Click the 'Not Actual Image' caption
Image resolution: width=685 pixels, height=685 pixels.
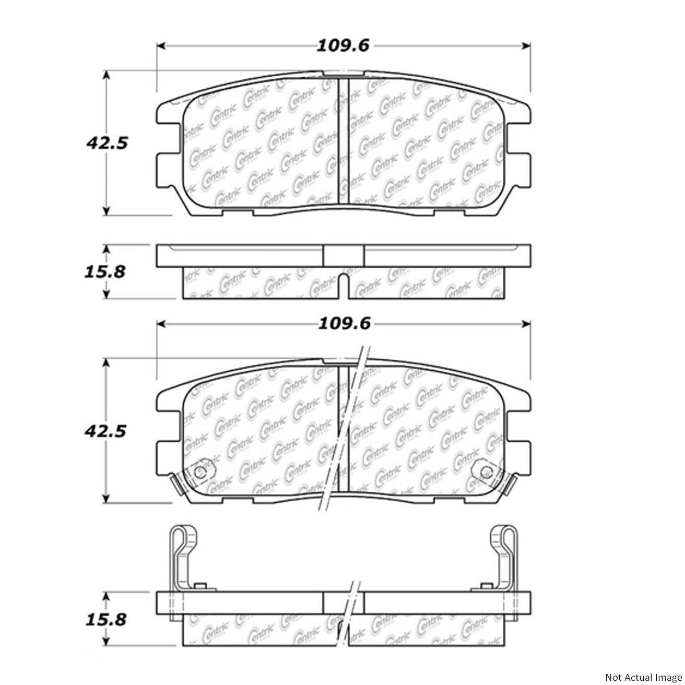coord(644,677)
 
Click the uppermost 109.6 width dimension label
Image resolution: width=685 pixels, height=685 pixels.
coord(344,46)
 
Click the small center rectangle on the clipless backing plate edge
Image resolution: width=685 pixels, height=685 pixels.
coord(343,255)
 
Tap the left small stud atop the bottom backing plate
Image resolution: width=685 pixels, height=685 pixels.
coord(197,587)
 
